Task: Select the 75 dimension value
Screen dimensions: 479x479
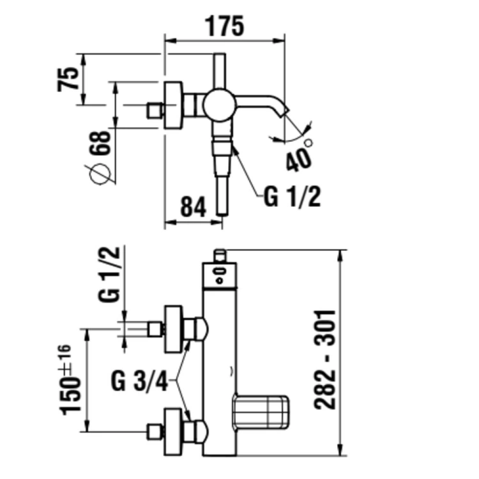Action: (x=68, y=77)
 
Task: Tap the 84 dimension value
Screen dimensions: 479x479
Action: (x=192, y=208)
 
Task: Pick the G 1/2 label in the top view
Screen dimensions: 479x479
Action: (x=292, y=198)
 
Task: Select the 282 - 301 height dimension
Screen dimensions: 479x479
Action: (x=325, y=359)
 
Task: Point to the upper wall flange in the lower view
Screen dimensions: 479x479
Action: (x=174, y=329)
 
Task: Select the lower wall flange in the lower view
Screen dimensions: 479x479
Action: (x=174, y=432)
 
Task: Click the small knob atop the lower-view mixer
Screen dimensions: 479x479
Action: (x=220, y=255)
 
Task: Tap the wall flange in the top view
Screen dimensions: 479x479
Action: (x=174, y=105)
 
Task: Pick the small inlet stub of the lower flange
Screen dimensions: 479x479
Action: (x=153, y=432)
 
